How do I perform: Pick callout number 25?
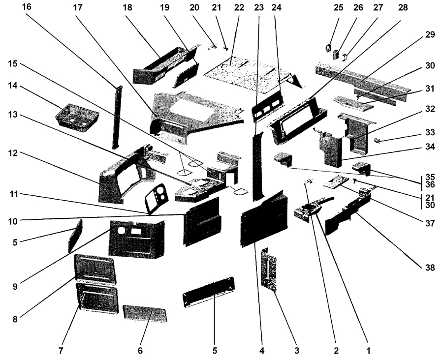339,8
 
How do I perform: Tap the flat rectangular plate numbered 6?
145,313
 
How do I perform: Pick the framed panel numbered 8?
95,269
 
